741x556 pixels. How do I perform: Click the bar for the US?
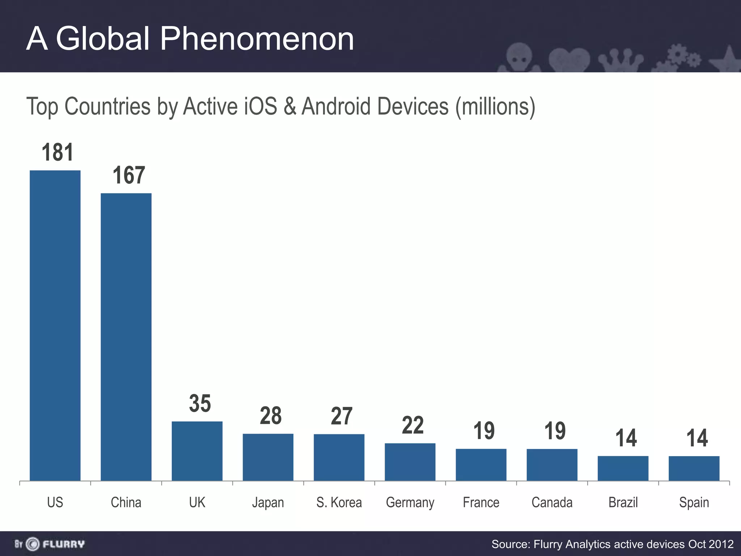click(x=55, y=326)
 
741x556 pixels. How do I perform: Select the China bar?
click(x=126, y=337)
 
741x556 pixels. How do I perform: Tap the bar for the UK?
click(x=197, y=451)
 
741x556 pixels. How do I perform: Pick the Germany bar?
click(x=410, y=462)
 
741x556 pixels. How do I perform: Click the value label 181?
click(x=58, y=152)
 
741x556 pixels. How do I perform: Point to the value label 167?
click(x=129, y=175)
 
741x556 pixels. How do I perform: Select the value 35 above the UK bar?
click(x=200, y=403)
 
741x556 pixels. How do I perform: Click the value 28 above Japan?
click(x=271, y=416)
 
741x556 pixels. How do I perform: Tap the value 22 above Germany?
click(x=412, y=425)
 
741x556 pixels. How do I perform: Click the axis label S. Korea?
click(x=339, y=502)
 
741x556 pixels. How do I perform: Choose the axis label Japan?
click(x=268, y=503)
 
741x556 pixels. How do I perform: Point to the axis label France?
click(x=481, y=502)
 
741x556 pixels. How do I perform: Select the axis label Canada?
click(x=552, y=502)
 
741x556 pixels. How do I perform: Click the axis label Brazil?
click(x=623, y=502)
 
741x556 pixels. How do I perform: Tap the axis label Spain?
click(x=694, y=503)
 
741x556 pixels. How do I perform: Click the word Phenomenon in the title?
click(x=257, y=39)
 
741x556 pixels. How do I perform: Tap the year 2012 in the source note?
click(x=721, y=544)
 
